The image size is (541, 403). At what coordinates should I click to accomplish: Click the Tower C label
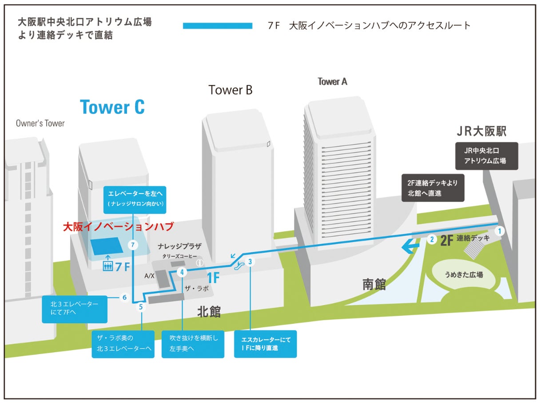pyautogui.click(x=112, y=107)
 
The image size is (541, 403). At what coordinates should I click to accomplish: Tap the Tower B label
pyautogui.click(x=231, y=90)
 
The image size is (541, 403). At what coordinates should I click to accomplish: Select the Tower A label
pyautogui.click(x=332, y=82)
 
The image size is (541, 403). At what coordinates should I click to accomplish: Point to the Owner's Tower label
pyautogui.click(x=40, y=123)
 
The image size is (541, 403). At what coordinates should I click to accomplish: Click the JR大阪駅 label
pyautogui.click(x=481, y=132)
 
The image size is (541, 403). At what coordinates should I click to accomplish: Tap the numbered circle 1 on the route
pyautogui.click(x=500, y=231)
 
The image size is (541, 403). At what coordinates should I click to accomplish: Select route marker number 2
pyautogui.click(x=431, y=239)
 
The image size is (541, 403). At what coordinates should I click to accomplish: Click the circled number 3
pyautogui.click(x=251, y=262)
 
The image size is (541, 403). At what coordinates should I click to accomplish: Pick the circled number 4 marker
pyautogui.click(x=182, y=272)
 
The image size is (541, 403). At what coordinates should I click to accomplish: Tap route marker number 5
pyautogui.click(x=141, y=306)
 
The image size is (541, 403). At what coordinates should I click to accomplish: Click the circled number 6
pyautogui.click(x=124, y=297)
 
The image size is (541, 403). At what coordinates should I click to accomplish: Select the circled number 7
pyautogui.click(x=132, y=245)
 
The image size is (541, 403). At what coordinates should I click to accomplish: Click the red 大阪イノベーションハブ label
pyautogui.click(x=118, y=226)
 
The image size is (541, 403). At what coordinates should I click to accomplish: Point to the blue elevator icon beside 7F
pyautogui.click(x=107, y=266)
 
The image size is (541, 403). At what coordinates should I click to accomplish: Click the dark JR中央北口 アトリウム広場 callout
pyautogui.click(x=486, y=156)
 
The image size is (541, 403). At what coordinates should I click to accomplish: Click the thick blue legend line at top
pyautogui.click(x=218, y=26)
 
